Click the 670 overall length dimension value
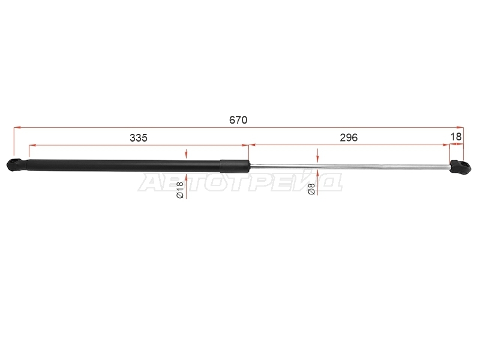coord(238,120)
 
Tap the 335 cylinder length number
coord(139,138)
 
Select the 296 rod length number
coord(349,138)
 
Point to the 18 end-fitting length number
coord(456,137)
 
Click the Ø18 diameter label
coord(179,190)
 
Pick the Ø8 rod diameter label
coord(311,188)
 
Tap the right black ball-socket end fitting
coord(460,166)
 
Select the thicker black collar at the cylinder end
coord(235,166)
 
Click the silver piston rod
coord(350,166)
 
